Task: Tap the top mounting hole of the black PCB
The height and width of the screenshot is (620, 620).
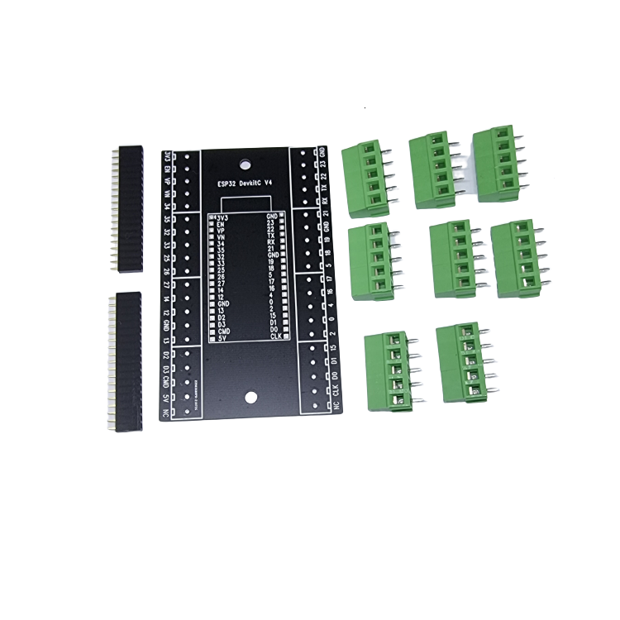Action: point(245,165)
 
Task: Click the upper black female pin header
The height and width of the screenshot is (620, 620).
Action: point(128,210)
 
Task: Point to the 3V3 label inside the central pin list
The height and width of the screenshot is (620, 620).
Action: point(222,217)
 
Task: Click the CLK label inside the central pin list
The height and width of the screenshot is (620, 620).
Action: point(275,336)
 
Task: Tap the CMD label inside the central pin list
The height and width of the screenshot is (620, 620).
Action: point(224,330)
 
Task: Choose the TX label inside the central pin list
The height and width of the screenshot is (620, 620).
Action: point(271,236)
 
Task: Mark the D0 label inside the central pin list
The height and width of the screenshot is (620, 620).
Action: point(273,329)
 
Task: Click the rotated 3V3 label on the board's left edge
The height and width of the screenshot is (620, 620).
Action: point(168,157)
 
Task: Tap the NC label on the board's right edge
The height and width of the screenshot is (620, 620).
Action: point(334,407)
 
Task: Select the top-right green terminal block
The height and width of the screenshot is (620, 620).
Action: point(498,164)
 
